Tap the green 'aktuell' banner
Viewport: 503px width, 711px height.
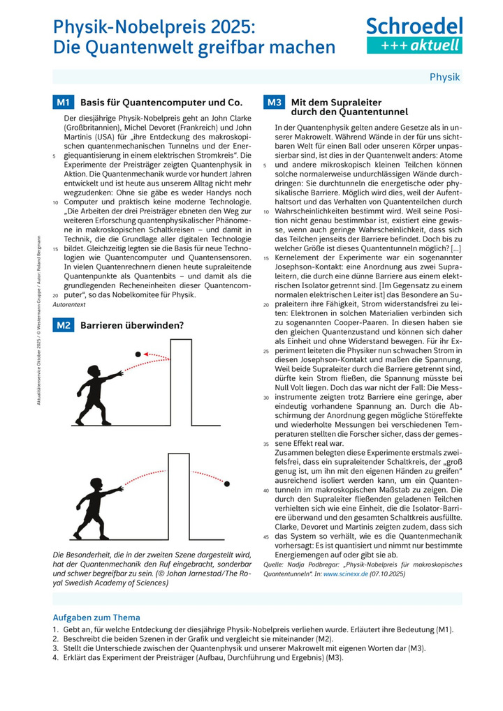[x=414, y=45]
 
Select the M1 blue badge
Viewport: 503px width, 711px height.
[x=63, y=103]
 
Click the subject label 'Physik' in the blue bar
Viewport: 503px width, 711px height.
[x=444, y=77]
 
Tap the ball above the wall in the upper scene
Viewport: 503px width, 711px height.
[x=138, y=354]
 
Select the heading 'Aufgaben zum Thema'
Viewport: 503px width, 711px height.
[x=96, y=617]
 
